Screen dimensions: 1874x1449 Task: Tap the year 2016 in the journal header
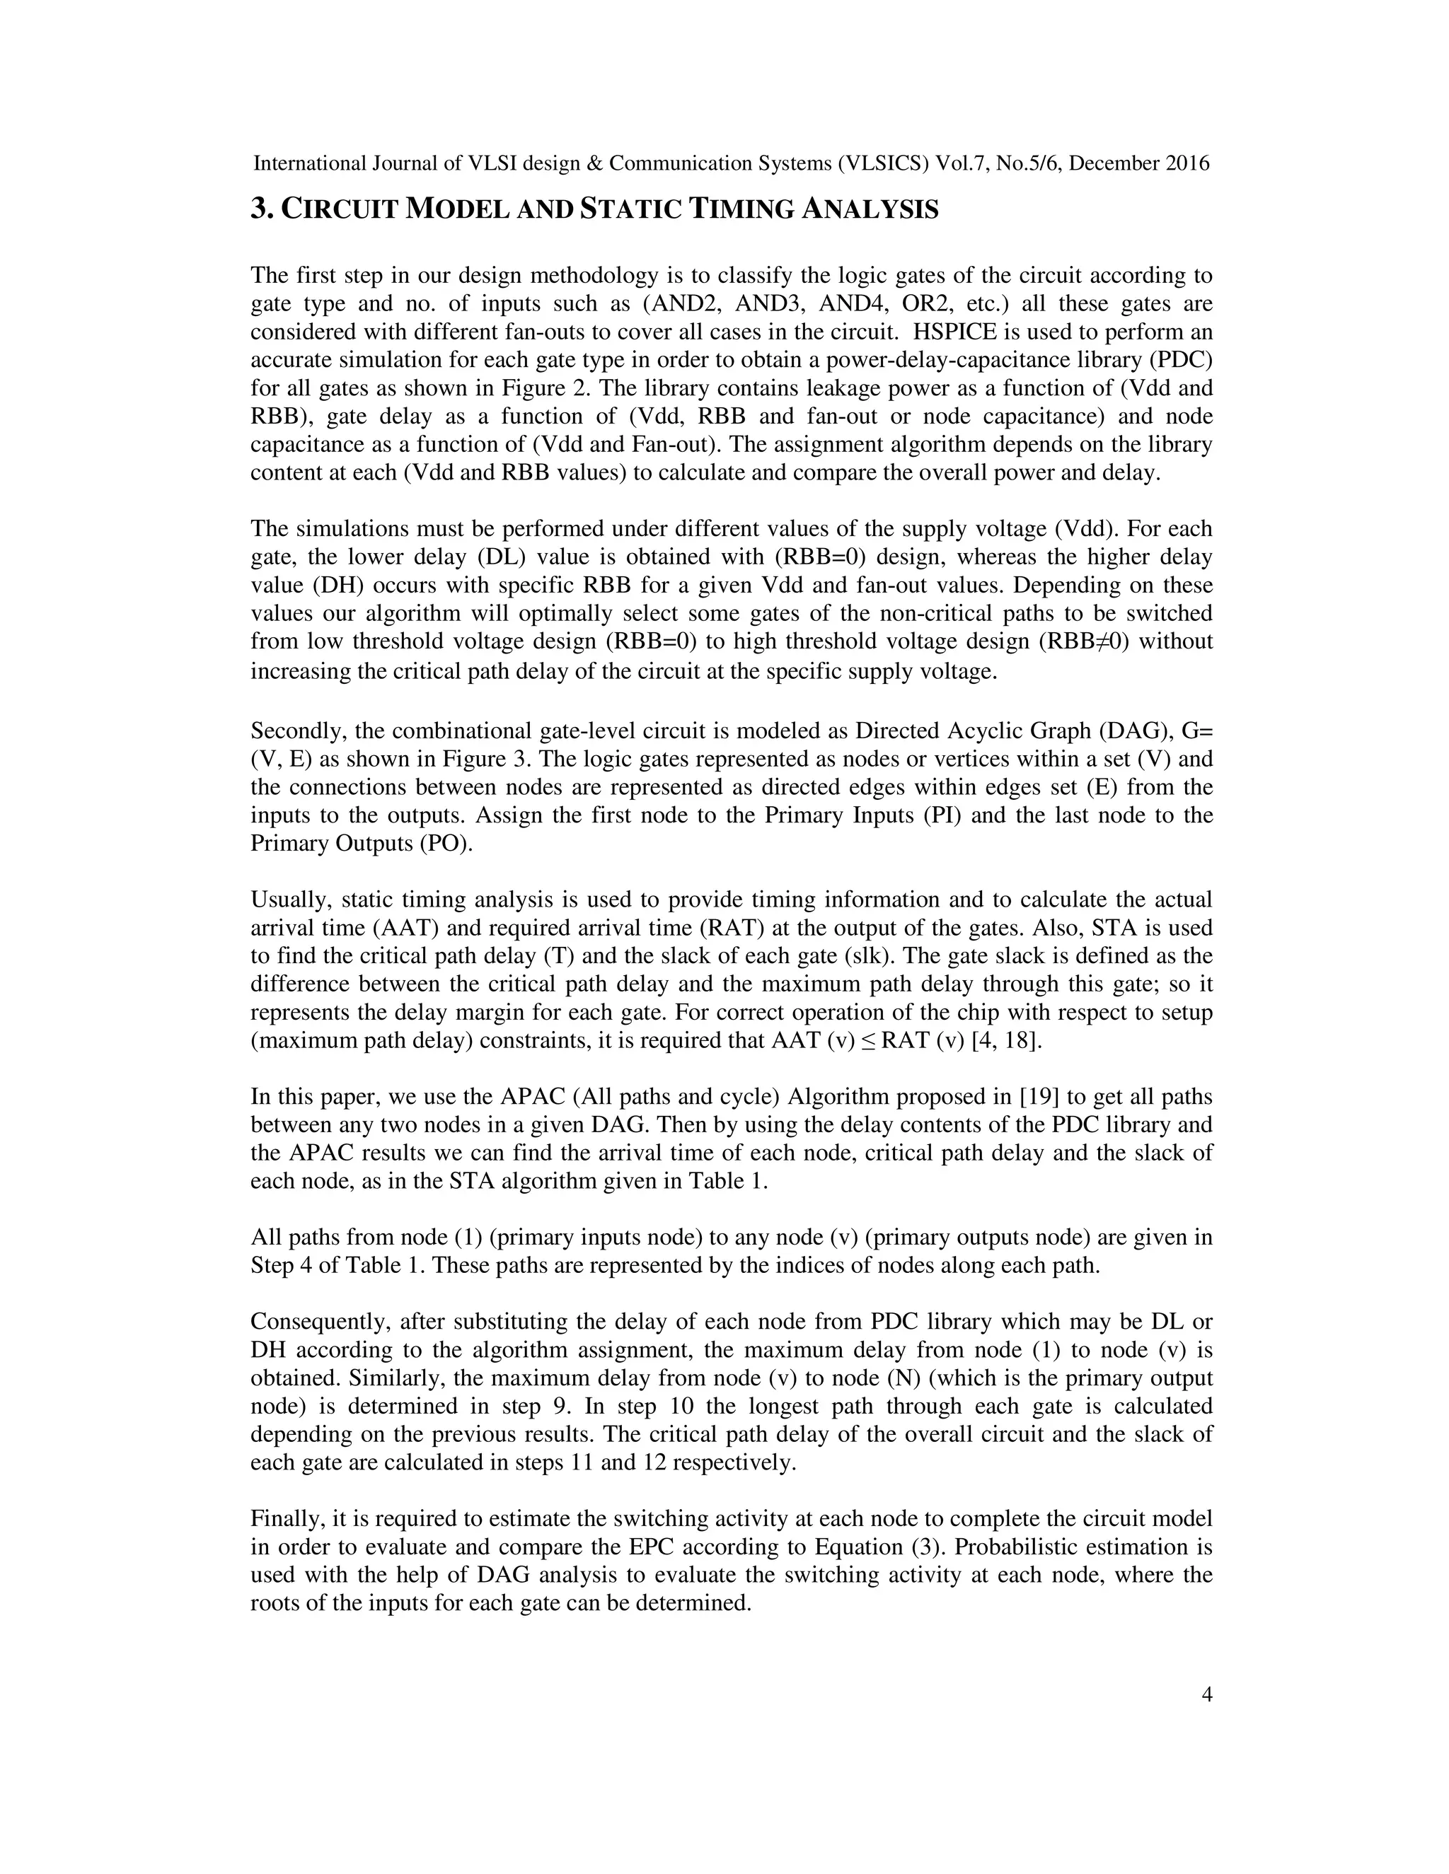pyautogui.click(x=1187, y=163)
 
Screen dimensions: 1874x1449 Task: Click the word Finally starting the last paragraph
pyautogui.click(x=286, y=1519)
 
